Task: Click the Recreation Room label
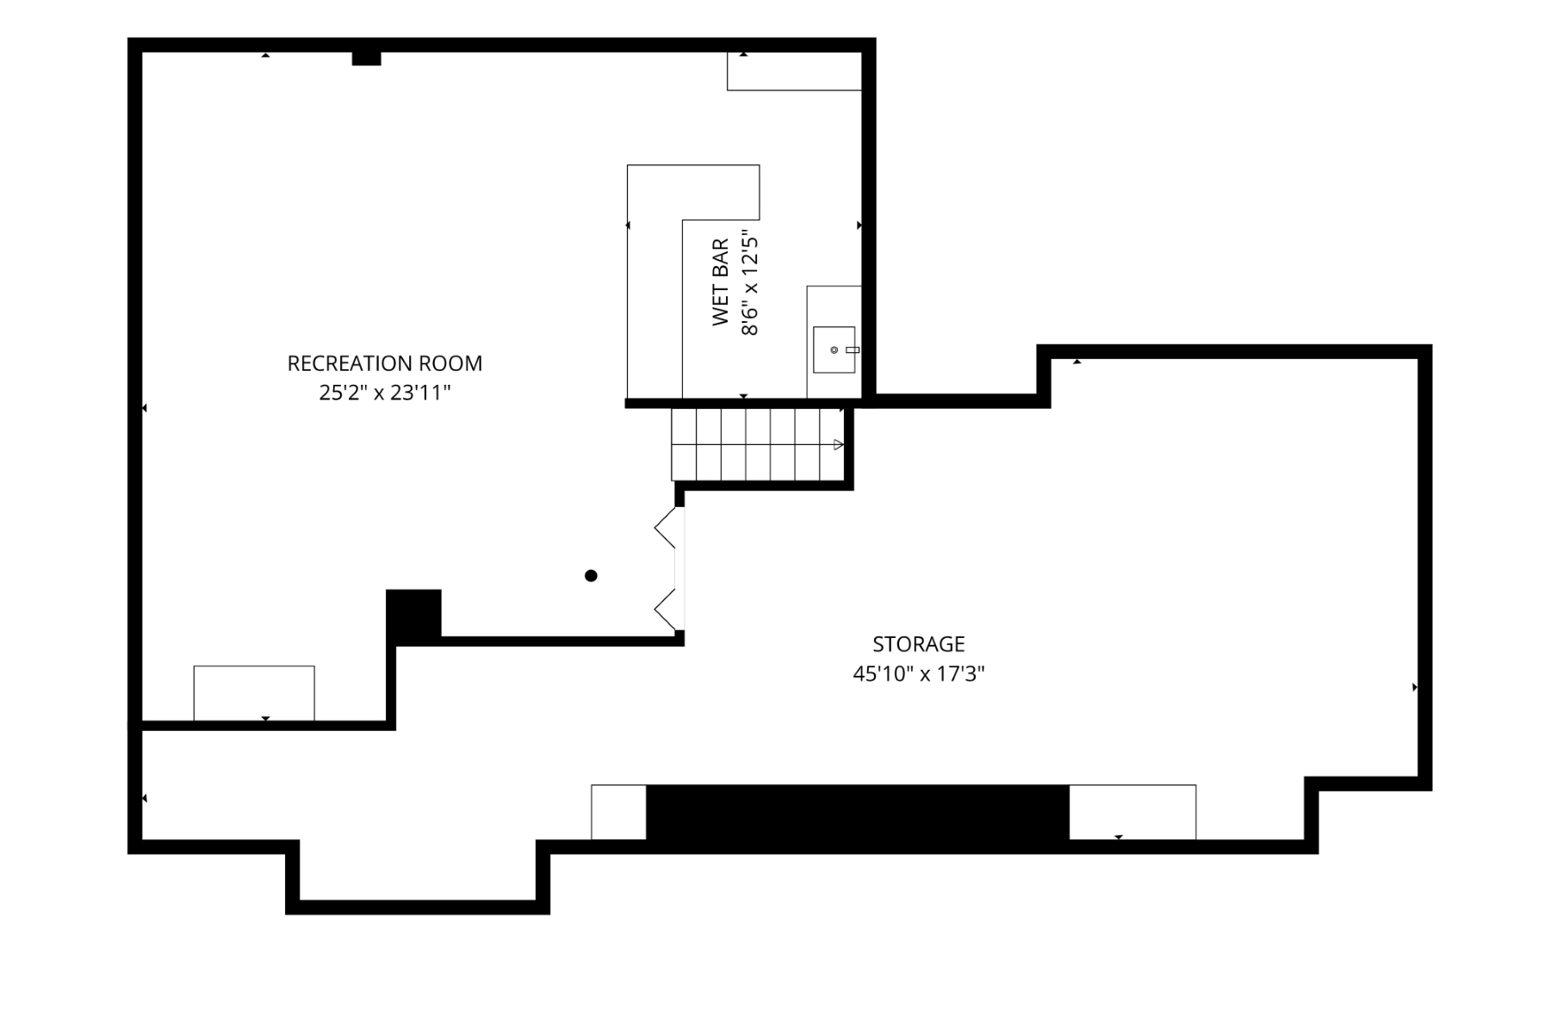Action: (x=385, y=363)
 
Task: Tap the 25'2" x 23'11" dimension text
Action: (x=385, y=393)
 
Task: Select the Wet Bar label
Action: (x=721, y=282)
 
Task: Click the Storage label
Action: (x=919, y=644)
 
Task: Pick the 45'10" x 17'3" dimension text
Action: (x=919, y=674)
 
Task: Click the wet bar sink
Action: (x=834, y=349)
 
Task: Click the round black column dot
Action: (x=591, y=576)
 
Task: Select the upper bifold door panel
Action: (x=666, y=527)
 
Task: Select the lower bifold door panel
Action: (x=666, y=610)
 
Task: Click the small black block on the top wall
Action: (x=366, y=59)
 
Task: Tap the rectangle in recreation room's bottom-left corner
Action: (x=254, y=693)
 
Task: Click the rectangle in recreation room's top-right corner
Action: (x=794, y=71)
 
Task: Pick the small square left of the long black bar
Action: (x=618, y=812)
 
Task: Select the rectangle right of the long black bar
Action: (x=1132, y=812)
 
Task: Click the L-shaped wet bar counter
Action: (x=654, y=281)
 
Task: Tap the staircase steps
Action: (x=758, y=444)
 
